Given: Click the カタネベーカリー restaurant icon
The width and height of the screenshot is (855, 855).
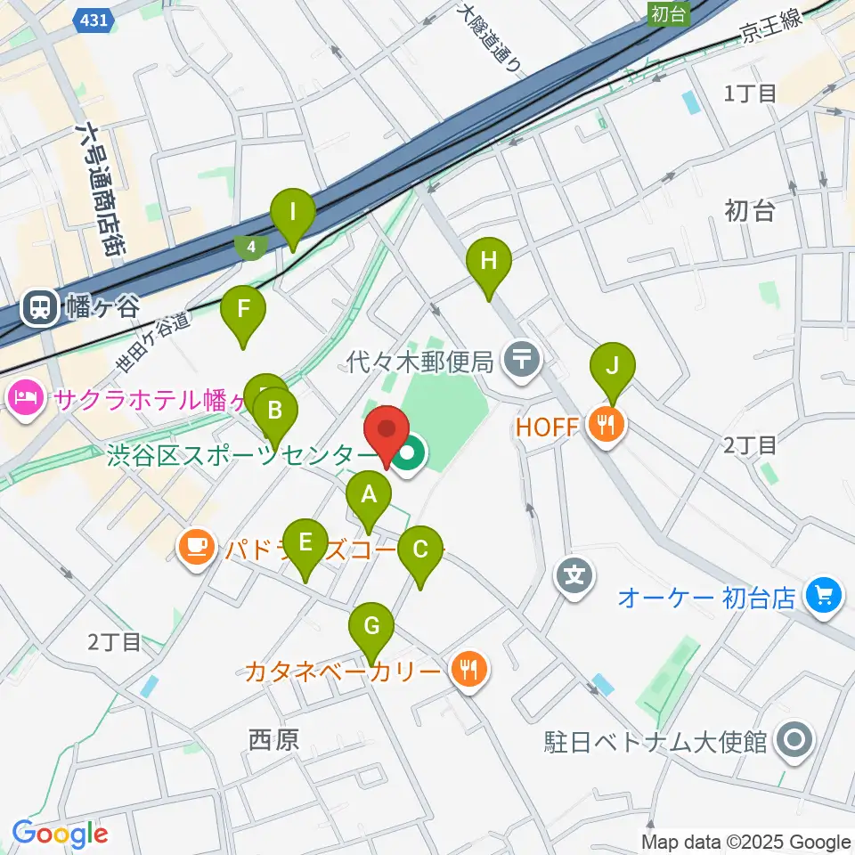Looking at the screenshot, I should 468,670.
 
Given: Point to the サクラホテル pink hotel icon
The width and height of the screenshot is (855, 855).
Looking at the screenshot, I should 27,397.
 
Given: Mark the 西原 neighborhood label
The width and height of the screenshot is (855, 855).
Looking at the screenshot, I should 273,739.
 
